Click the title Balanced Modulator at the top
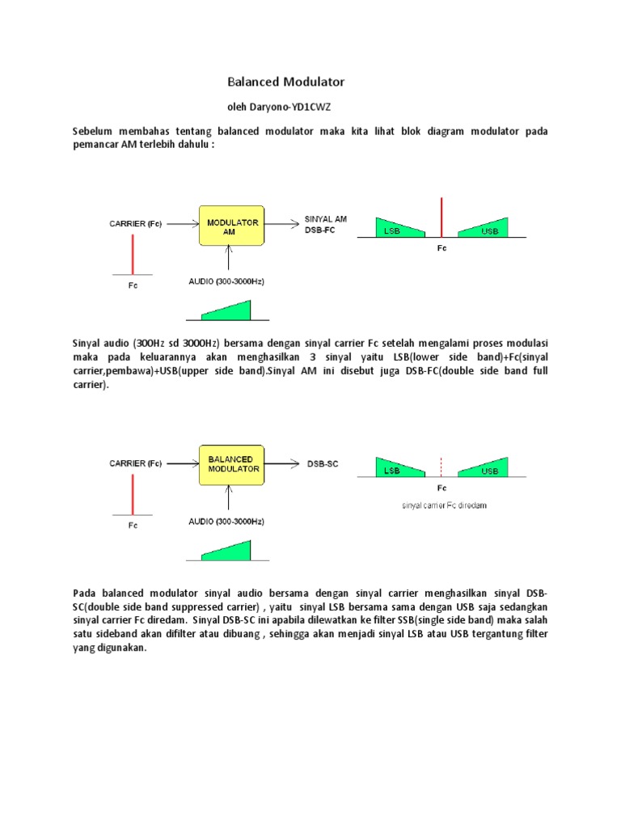point(285,82)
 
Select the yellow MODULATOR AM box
point(231,226)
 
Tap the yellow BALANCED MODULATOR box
point(231,464)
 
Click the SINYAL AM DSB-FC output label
point(325,224)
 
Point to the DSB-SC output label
point(323,464)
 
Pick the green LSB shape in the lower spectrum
point(395,468)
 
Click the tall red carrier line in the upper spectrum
point(441,217)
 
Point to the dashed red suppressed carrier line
point(441,467)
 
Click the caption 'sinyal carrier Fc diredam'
point(444,505)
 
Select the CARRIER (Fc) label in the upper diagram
point(135,223)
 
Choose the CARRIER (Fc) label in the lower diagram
point(135,463)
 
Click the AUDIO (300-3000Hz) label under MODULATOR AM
point(227,281)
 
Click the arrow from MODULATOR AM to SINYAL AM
point(281,224)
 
